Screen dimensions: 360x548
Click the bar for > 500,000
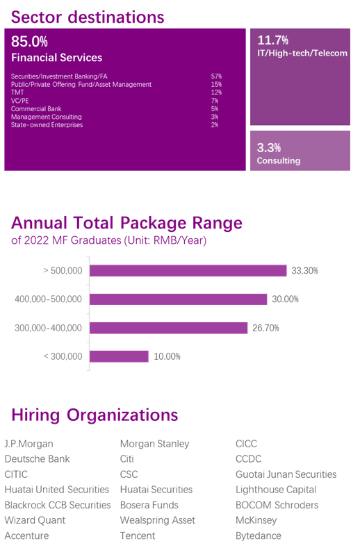188,270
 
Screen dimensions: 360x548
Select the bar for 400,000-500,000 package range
178,299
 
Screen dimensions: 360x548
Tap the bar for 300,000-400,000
168,328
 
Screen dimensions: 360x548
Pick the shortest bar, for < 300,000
119,356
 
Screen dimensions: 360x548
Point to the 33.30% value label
304,271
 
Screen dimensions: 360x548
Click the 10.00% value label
167,356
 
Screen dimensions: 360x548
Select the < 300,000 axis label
63,356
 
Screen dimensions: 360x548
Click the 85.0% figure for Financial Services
29,42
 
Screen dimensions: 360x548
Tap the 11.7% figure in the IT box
273,40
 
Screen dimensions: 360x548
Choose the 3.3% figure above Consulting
269,148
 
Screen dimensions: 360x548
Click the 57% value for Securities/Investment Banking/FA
216,76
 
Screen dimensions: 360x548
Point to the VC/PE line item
19,101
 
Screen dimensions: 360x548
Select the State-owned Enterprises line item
47,125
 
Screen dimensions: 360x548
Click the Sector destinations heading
88,17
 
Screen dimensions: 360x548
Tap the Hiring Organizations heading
95,415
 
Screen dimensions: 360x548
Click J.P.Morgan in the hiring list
28,444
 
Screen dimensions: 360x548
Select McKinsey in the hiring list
256,520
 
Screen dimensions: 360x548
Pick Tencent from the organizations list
138,535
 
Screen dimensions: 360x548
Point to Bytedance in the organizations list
259,535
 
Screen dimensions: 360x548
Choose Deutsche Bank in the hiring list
37,459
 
